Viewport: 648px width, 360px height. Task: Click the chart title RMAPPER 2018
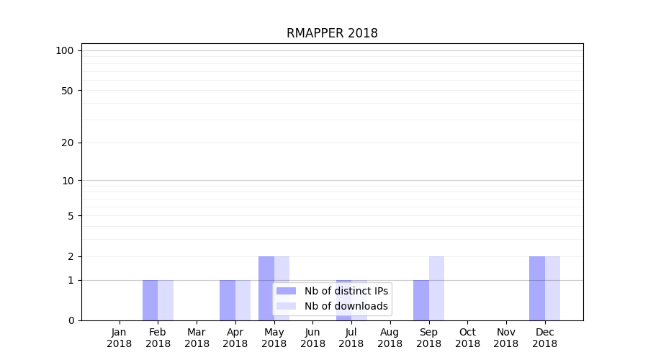pos(332,33)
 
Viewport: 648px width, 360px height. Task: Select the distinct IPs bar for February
pos(150,300)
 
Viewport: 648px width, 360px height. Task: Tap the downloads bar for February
pos(166,300)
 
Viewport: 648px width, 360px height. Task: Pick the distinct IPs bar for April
pos(228,300)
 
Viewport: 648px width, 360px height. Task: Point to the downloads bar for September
pos(436,288)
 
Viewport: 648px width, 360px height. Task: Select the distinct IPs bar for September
pos(421,300)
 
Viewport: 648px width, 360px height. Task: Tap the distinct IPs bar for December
pos(537,288)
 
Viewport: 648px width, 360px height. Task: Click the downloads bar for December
pos(552,288)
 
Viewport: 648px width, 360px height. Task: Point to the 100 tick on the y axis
pos(65,50)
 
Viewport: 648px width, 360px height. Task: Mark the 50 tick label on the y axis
pos(68,91)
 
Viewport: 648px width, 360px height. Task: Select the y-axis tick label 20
pos(68,143)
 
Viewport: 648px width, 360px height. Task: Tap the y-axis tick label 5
pos(71,216)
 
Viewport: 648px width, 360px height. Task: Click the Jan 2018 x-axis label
pos(120,338)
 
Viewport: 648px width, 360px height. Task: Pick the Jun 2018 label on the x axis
pos(312,338)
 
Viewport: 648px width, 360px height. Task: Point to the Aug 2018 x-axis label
pos(390,338)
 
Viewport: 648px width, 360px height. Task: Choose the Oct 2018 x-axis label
pos(467,338)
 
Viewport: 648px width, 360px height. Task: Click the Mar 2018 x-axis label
pos(197,338)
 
